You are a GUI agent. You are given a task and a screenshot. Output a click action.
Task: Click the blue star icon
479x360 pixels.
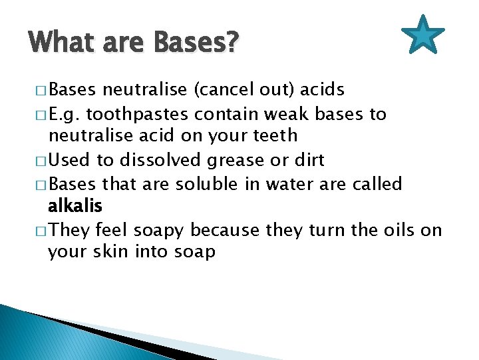(x=423, y=36)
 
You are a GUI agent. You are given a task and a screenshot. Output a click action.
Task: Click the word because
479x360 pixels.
(x=227, y=230)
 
